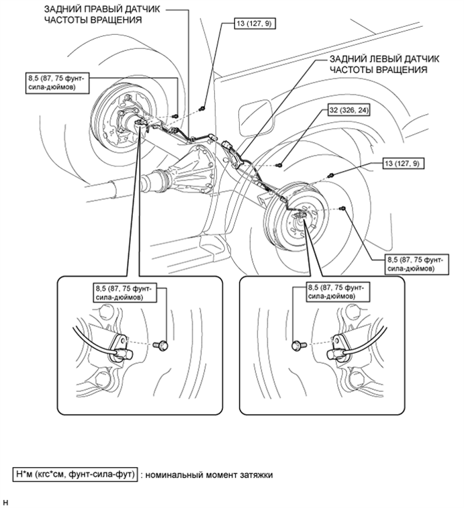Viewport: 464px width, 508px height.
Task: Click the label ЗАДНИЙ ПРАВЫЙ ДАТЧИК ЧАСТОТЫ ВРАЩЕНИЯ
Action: (102, 14)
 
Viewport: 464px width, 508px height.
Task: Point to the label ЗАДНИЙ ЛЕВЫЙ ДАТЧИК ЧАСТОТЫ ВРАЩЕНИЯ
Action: (384, 64)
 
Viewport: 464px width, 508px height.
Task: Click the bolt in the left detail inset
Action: (160, 345)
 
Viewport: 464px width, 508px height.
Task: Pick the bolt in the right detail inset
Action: (299, 346)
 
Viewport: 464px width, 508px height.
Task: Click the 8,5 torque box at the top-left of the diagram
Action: (57, 83)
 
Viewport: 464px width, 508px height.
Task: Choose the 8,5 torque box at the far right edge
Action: (417, 264)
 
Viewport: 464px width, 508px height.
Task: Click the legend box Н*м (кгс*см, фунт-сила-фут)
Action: (75, 474)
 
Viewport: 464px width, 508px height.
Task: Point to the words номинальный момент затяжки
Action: (209, 475)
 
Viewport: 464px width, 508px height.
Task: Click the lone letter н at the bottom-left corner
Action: (5, 503)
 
